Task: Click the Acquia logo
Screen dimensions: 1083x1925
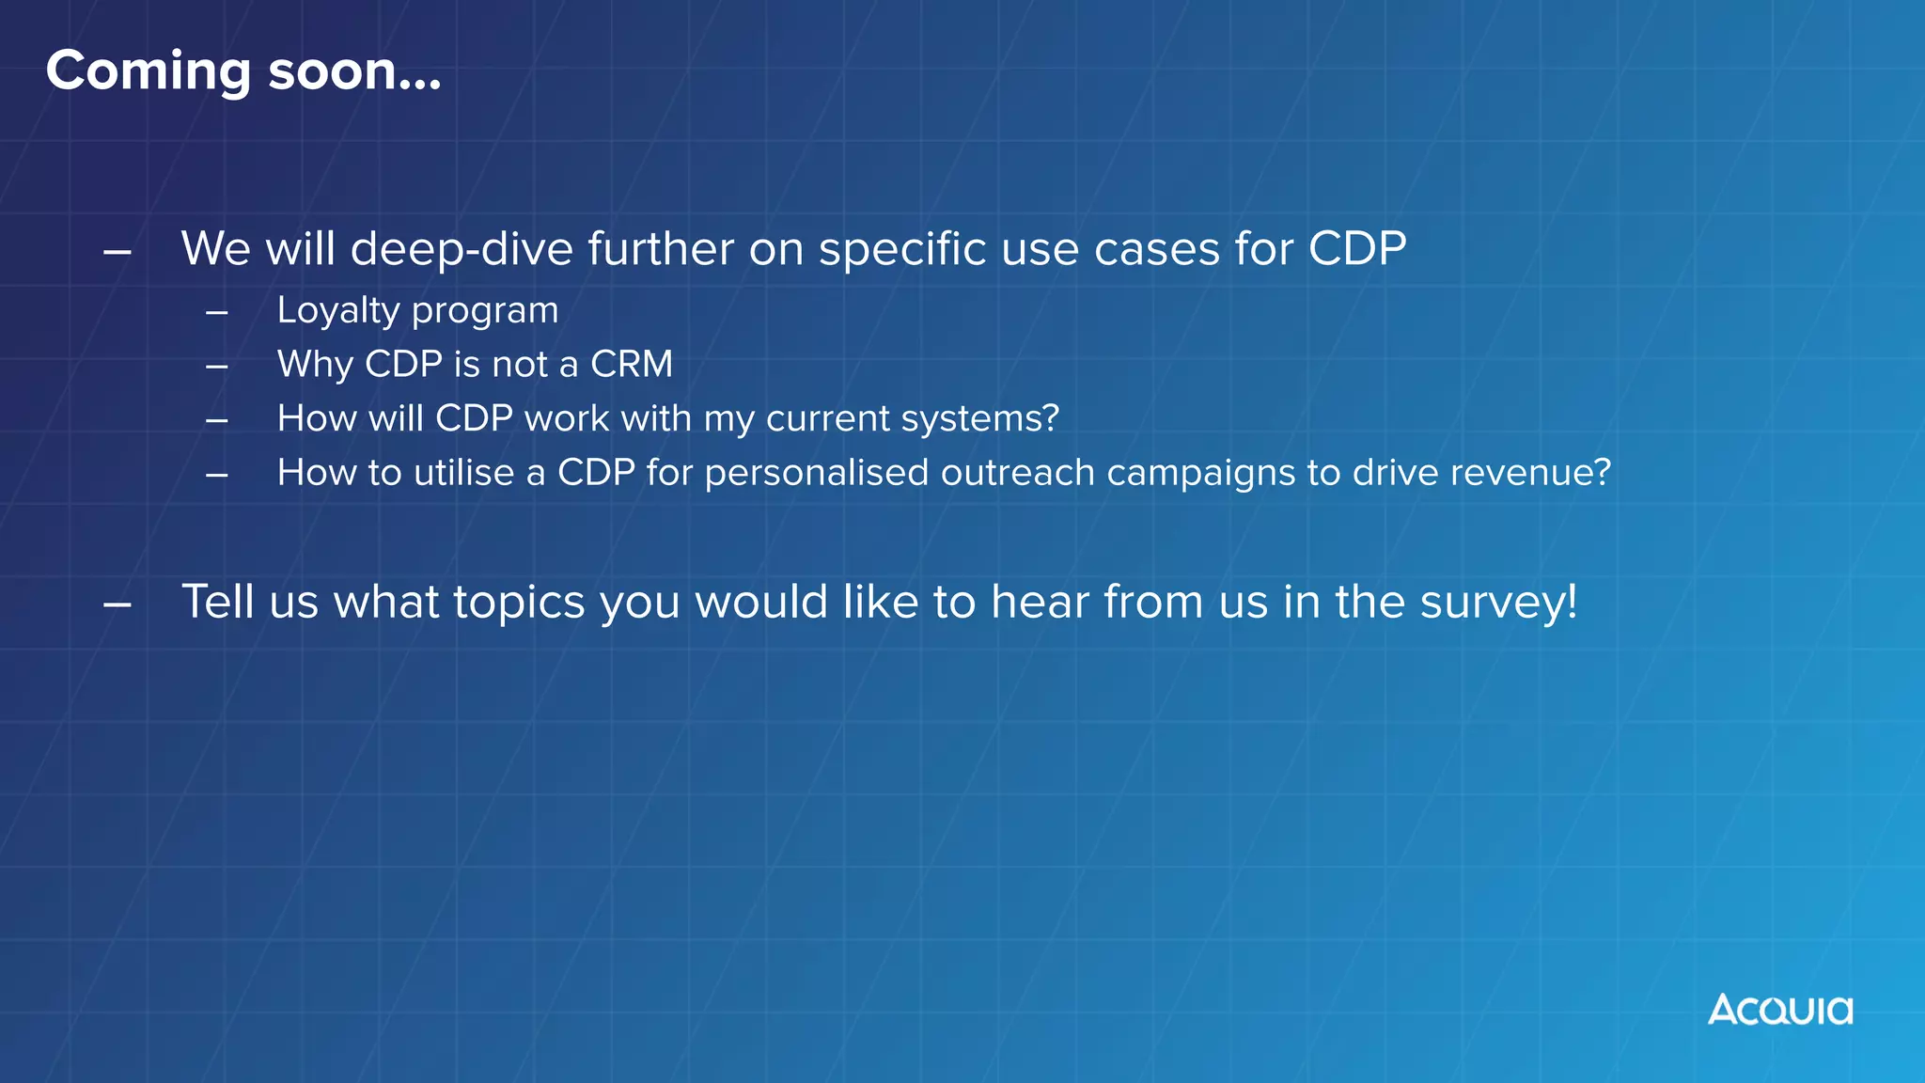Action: [1779, 1010]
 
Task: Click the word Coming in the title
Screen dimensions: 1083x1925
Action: [149, 71]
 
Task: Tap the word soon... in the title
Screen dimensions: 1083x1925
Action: [354, 71]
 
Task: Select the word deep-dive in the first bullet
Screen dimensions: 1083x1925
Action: [462, 250]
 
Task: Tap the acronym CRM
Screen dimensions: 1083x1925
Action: [631, 365]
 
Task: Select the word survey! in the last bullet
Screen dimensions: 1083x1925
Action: [1498, 603]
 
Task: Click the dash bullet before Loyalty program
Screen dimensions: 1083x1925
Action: [217, 312]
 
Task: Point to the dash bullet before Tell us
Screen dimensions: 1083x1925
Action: [117, 604]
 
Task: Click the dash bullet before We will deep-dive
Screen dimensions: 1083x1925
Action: [117, 252]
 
